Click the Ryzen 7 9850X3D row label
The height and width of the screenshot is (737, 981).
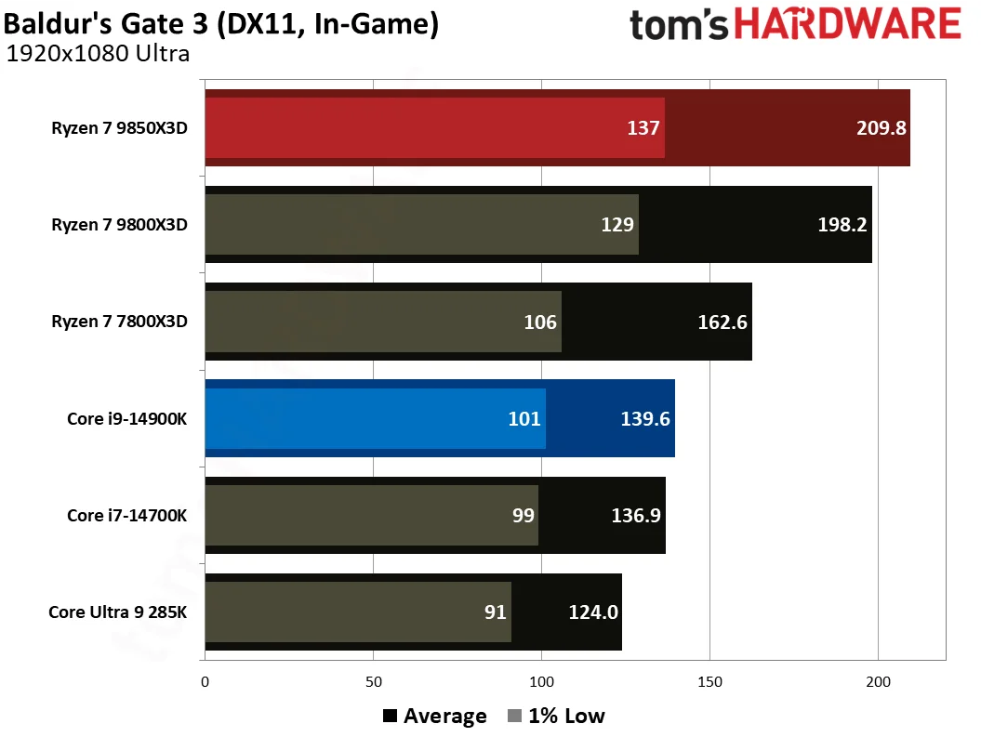120,128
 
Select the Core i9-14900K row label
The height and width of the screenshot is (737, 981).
127,418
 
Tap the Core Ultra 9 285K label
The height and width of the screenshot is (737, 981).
118,612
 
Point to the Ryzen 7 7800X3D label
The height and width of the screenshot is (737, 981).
120,322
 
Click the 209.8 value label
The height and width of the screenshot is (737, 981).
881,128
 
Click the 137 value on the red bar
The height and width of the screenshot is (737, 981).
643,128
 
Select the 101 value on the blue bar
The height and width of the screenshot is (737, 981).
524,418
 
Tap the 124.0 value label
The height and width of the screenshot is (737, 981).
593,612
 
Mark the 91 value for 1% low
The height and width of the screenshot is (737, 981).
495,612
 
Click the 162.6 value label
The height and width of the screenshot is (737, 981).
722,322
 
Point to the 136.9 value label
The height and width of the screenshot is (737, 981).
636,515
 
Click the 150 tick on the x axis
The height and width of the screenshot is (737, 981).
709,681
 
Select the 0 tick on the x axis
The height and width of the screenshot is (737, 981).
205,681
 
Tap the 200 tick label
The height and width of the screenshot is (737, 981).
878,681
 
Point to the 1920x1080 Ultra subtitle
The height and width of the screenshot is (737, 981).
98,53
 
